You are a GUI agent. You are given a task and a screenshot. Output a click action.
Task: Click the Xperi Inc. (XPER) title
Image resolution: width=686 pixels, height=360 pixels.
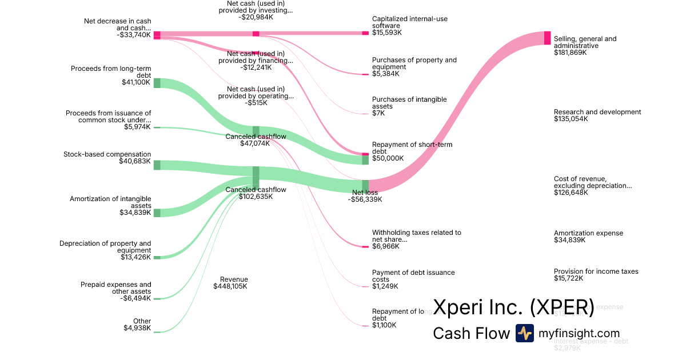click(513, 307)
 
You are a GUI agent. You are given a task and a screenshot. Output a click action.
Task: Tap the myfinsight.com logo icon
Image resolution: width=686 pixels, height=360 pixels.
click(524, 333)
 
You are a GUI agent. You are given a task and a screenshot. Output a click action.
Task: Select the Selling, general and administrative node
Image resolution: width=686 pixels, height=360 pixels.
click(547, 38)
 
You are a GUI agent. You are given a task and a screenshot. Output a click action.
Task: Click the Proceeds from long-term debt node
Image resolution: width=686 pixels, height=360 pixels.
click(157, 83)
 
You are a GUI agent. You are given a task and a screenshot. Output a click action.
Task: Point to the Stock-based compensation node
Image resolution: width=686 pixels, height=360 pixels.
click(157, 165)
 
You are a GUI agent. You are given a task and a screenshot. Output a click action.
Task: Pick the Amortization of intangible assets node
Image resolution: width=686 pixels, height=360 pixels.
click(157, 213)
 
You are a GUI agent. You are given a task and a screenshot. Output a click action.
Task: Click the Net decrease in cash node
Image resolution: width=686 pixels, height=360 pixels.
click(157, 35)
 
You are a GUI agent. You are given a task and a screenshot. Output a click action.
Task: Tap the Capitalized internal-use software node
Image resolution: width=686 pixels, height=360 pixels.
click(365, 33)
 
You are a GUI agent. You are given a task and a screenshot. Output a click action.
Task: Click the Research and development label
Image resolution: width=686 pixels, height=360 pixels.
click(597, 112)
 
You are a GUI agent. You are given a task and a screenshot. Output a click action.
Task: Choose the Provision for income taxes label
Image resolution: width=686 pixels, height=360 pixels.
click(596, 271)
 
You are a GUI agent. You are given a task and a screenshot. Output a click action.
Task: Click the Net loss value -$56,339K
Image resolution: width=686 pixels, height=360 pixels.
click(365, 199)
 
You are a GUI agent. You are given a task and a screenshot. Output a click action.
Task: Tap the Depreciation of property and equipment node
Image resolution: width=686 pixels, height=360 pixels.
click(157, 257)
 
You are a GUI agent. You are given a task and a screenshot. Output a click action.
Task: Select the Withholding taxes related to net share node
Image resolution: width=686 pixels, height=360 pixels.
click(365, 246)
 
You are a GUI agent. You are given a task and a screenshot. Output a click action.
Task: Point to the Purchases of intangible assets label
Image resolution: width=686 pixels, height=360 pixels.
click(409, 103)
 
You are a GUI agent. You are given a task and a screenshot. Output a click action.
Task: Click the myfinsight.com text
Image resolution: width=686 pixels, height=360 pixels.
click(579, 333)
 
